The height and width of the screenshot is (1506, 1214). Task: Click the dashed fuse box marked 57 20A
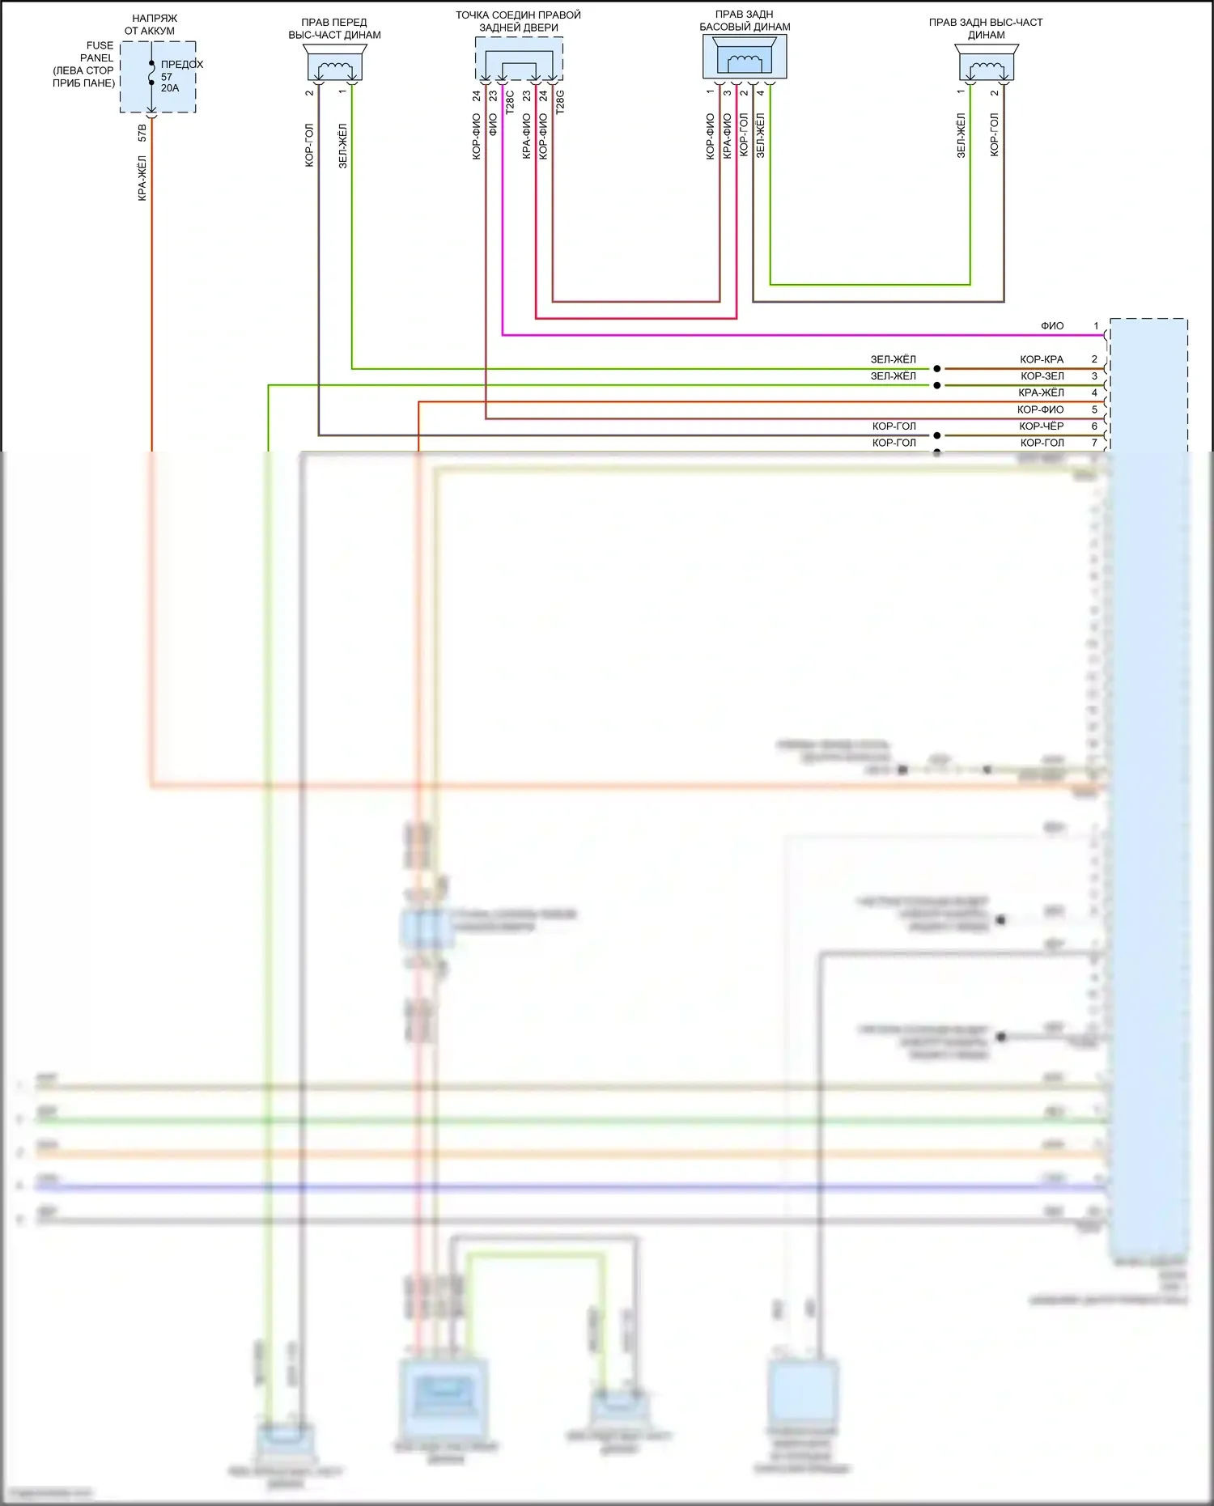(158, 77)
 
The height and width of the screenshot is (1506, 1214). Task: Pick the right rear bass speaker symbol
(745, 57)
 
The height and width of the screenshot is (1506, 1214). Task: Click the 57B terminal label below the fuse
(142, 133)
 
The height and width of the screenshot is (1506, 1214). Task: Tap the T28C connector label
(510, 102)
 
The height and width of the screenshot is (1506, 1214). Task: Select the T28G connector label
(560, 102)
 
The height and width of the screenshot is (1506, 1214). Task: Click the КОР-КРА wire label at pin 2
(1042, 359)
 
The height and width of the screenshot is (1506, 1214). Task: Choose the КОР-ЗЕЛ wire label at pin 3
(1042, 376)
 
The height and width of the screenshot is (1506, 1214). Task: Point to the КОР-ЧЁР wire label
(1042, 426)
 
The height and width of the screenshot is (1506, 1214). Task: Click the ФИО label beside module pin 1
(1052, 326)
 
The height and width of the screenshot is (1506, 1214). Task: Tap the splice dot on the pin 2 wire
(937, 369)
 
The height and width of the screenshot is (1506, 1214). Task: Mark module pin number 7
(1094, 443)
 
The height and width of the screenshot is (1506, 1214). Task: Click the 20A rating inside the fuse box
(170, 88)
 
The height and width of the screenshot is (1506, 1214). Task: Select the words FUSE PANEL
(99, 52)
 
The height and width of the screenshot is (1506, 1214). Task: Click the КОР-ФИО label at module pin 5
(1041, 409)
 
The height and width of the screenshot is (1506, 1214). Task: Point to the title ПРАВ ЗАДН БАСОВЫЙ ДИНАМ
(745, 21)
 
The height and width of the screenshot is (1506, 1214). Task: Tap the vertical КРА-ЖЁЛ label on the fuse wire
(142, 178)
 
